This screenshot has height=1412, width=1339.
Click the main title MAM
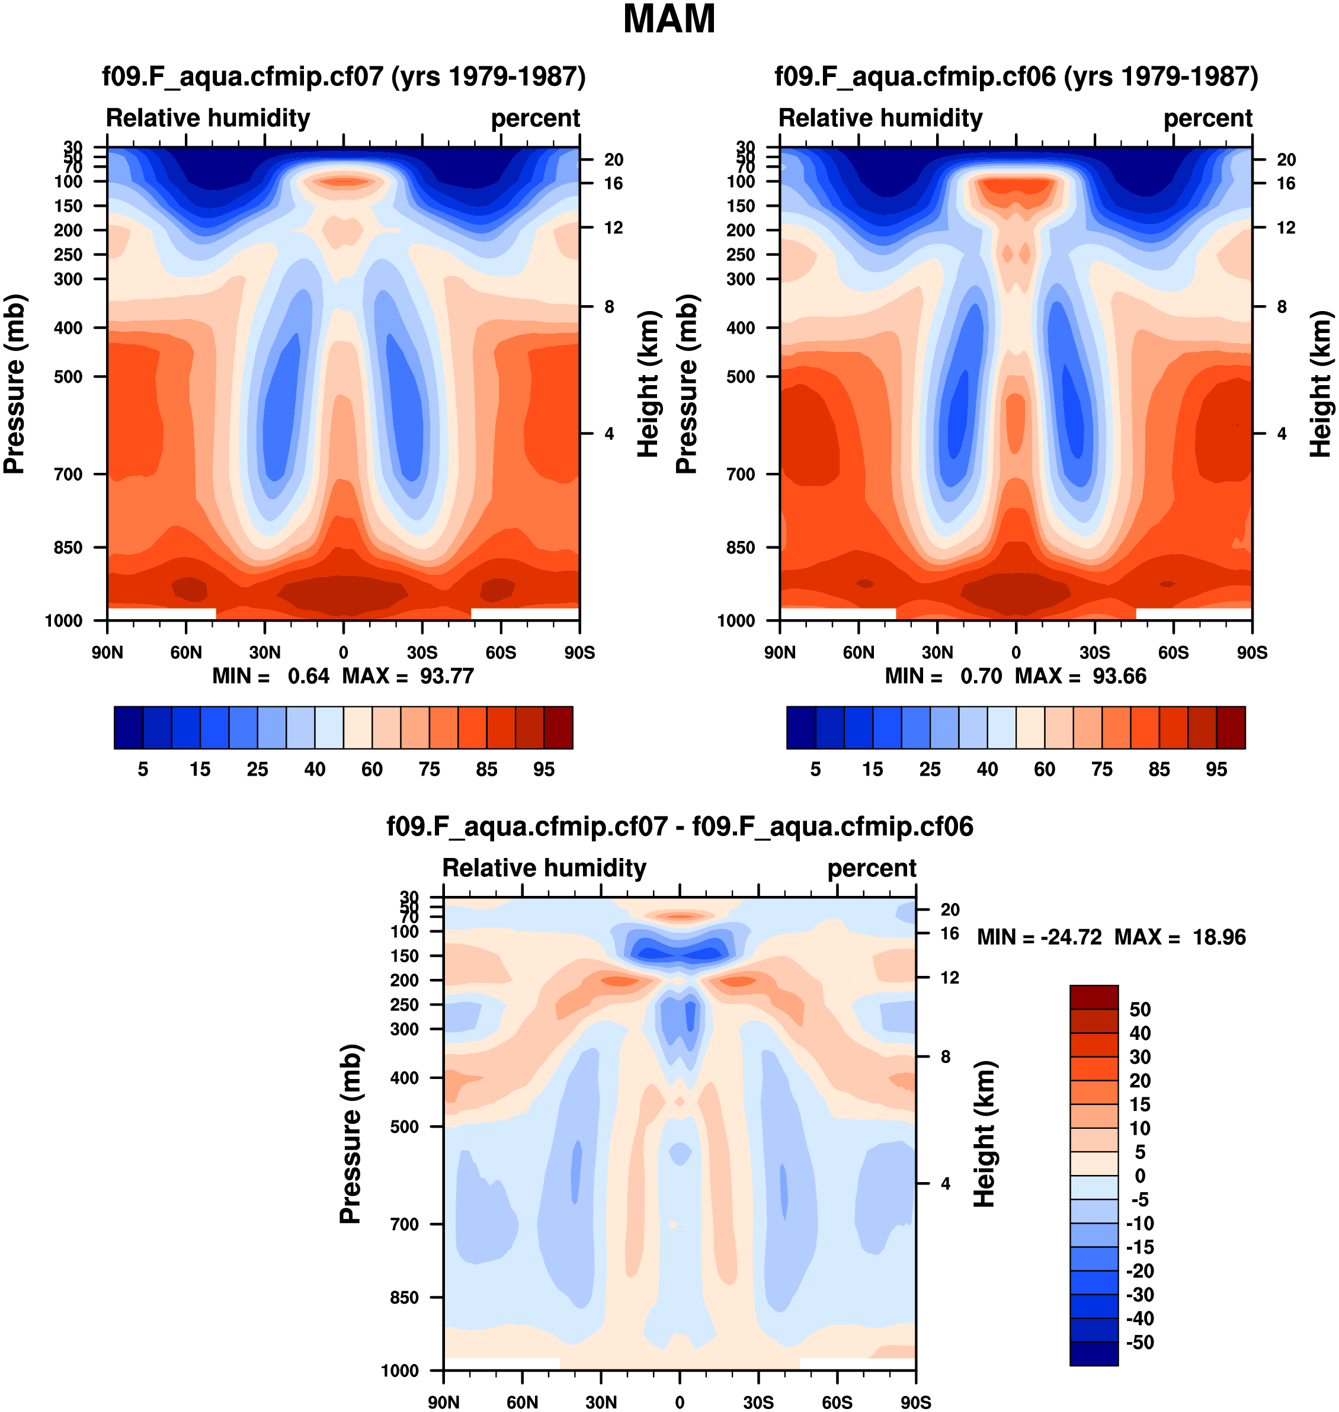click(x=669, y=20)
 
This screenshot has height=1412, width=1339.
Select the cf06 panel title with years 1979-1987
click(x=1016, y=76)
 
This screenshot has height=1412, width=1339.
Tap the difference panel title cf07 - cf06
click(x=680, y=826)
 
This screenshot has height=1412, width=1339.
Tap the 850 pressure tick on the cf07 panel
click(x=69, y=547)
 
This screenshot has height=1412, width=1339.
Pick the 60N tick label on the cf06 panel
click(x=858, y=652)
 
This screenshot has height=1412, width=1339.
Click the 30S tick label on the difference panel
click(x=758, y=1402)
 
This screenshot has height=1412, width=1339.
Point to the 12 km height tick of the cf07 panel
click(x=614, y=228)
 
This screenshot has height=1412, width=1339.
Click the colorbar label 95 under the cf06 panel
click(x=1216, y=770)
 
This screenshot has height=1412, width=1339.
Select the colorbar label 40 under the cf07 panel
click(x=315, y=770)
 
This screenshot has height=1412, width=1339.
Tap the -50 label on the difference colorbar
click(x=1139, y=1342)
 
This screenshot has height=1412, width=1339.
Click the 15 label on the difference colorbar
click(x=1140, y=1104)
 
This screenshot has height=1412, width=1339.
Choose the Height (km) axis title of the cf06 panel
click(x=1321, y=384)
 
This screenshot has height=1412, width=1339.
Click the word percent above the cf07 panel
click(x=536, y=118)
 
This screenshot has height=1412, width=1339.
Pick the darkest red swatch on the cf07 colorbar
click(x=558, y=728)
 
